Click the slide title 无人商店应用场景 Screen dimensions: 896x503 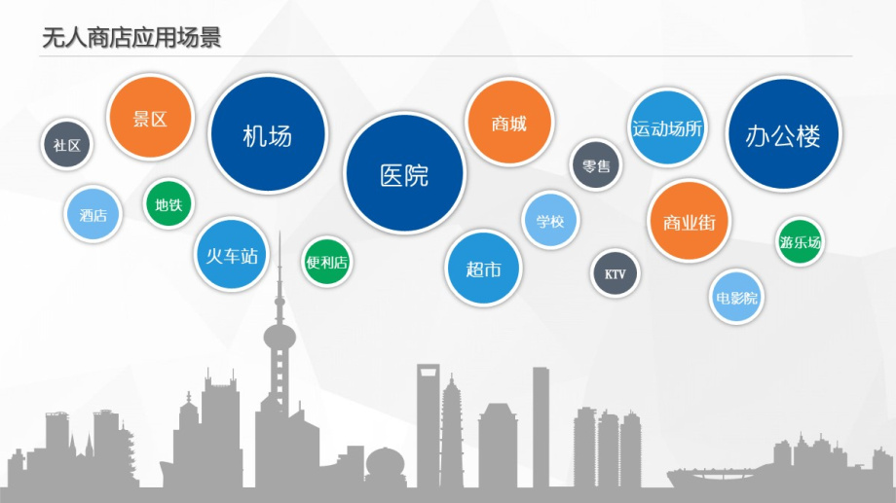(131, 38)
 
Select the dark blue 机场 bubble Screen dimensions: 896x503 (268, 134)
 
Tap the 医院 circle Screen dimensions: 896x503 (404, 173)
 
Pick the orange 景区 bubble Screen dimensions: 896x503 (150, 117)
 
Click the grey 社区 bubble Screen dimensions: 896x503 (67, 144)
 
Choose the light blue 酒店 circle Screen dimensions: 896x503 (93, 215)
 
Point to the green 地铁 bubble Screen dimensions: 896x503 (168, 203)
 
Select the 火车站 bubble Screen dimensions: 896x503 (232, 255)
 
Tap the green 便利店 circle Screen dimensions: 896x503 (327, 262)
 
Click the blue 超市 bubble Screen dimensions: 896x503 (483, 269)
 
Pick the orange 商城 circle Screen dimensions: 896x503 (509, 123)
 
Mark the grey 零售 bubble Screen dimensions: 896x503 (596, 165)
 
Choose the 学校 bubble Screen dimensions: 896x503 (550, 220)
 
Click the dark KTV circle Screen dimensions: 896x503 (615, 273)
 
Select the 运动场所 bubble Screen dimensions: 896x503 (667, 127)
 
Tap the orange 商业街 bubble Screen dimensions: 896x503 (690, 222)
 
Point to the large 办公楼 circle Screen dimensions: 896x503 (783, 134)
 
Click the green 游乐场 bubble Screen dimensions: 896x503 (800, 241)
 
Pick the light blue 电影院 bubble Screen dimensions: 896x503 (736, 297)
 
